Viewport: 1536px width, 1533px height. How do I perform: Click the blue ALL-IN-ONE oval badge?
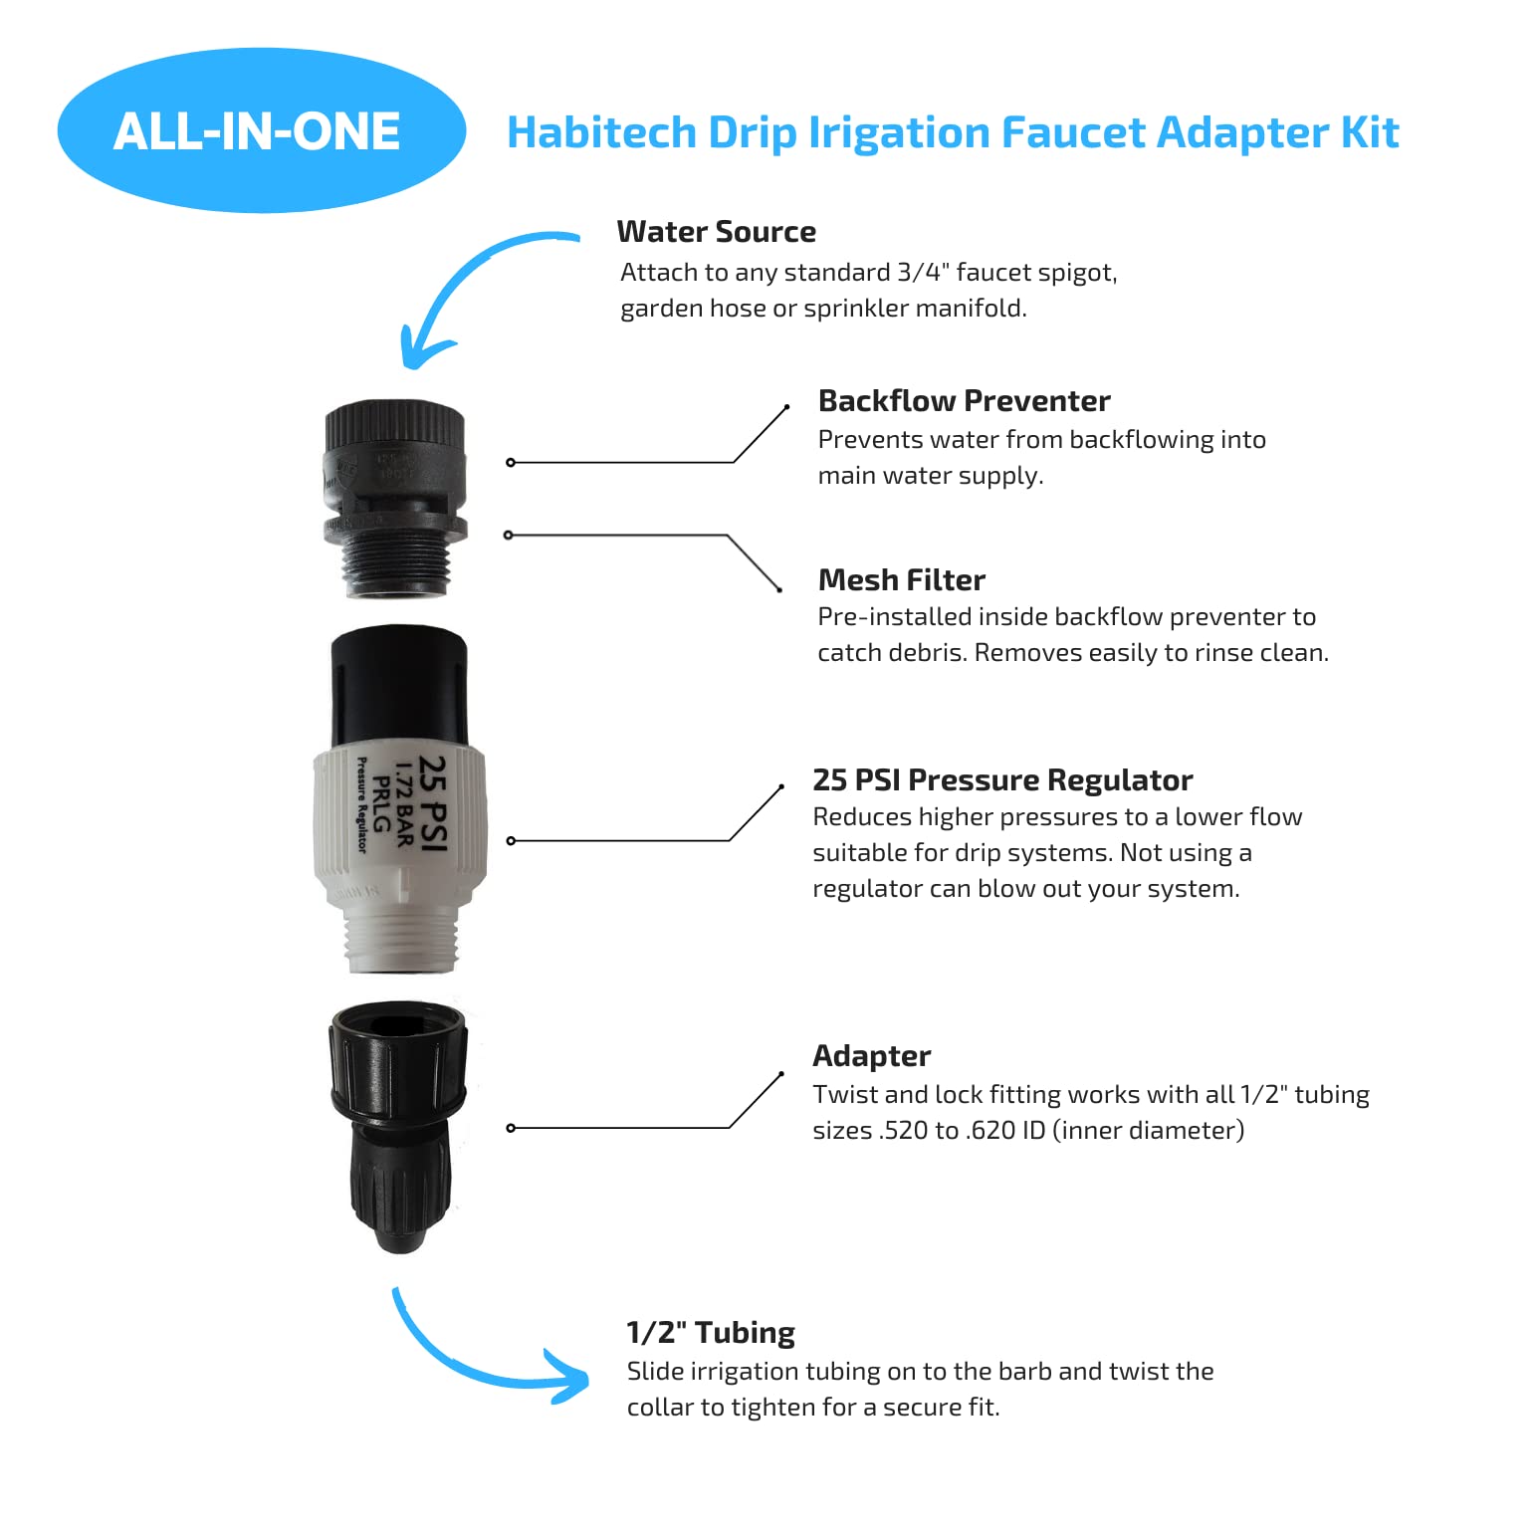[x=262, y=130]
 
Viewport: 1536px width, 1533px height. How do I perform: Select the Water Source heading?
[x=716, y=231]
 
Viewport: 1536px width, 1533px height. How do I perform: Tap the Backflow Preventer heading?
[x=964, y=400]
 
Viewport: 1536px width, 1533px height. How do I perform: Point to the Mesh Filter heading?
[x=901, y=579]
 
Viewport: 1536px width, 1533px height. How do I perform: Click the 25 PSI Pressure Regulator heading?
[x=1002, y=779]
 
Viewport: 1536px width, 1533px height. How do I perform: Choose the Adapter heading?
[x=871, y=1055]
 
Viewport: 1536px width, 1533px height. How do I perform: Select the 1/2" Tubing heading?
[x=711, y=1332]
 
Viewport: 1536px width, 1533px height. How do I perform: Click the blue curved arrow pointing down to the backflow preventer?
[x=468, y=274]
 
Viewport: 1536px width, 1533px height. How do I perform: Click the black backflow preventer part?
[x=395, y=498]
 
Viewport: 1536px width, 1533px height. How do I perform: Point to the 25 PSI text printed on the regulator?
[x=433, y=802]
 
